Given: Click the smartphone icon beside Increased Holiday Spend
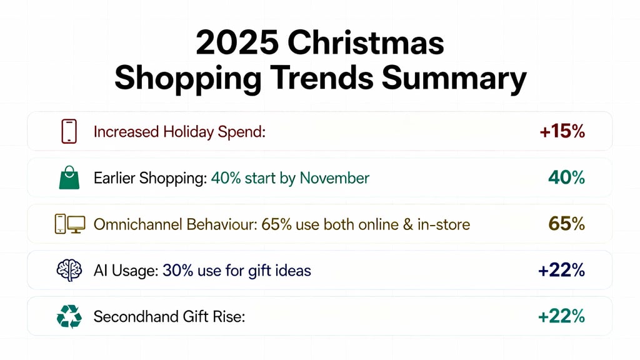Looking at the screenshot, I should (69, 131).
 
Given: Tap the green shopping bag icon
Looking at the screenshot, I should (69, 178).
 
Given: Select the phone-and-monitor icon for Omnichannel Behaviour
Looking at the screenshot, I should (69, 224).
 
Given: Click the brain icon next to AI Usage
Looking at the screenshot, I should (69, 270).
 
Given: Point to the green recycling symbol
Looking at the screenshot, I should (69, 317).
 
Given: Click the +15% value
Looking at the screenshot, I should (562, 132).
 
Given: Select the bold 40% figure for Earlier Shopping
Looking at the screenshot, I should (566, 178).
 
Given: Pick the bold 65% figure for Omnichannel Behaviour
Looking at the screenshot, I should (566, 224).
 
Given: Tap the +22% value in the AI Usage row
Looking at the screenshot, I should (561, 271).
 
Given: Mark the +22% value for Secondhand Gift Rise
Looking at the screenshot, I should (561, 317).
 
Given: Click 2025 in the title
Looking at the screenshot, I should (237, 44).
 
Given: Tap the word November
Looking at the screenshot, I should (334, 178).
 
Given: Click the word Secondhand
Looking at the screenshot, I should (132, 317).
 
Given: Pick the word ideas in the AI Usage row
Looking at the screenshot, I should (294, 271).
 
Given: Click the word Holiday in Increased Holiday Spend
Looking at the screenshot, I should (187, 132).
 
